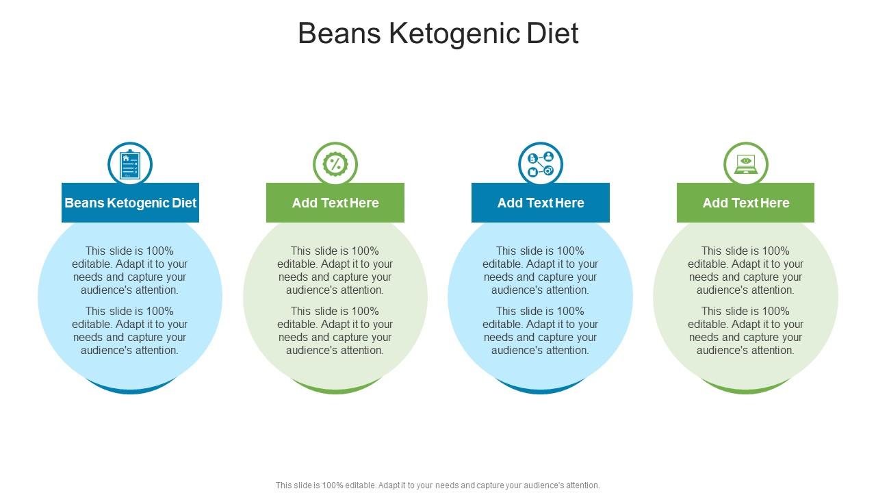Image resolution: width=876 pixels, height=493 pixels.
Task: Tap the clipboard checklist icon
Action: click(130, 164)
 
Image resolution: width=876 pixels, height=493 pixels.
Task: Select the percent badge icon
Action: click(335, 164)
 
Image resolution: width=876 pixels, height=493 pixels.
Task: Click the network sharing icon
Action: click(541, 164)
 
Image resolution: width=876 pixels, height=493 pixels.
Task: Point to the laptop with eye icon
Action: click(746, 164)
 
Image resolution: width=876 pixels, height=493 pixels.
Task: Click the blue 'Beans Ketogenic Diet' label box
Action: click(130, 203)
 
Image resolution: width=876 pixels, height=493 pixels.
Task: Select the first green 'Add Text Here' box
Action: click(335, 203)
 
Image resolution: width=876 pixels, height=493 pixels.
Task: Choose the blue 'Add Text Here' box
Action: click(541, 203)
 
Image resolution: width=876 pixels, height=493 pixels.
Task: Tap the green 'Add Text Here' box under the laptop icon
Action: click(746, 203)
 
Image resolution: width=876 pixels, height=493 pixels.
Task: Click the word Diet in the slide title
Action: click(554, 34)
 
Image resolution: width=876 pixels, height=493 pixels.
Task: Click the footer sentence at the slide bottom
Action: click(438, 485)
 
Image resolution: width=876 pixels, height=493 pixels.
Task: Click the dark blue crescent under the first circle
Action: click(130, 390)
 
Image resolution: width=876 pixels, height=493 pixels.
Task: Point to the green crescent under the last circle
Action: click(746, 390)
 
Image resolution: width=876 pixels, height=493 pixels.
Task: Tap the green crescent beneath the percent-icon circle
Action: click(335, 390)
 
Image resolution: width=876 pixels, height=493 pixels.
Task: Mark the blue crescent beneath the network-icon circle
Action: click(541, 390)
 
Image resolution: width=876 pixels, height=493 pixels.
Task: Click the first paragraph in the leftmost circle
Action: click(130, 270)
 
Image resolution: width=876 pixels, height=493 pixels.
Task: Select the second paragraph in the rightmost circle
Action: click(746, 331)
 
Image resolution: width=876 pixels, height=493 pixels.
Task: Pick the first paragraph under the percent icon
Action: click(335, 270)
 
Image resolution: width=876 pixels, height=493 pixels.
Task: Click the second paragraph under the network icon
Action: click(541, 331)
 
